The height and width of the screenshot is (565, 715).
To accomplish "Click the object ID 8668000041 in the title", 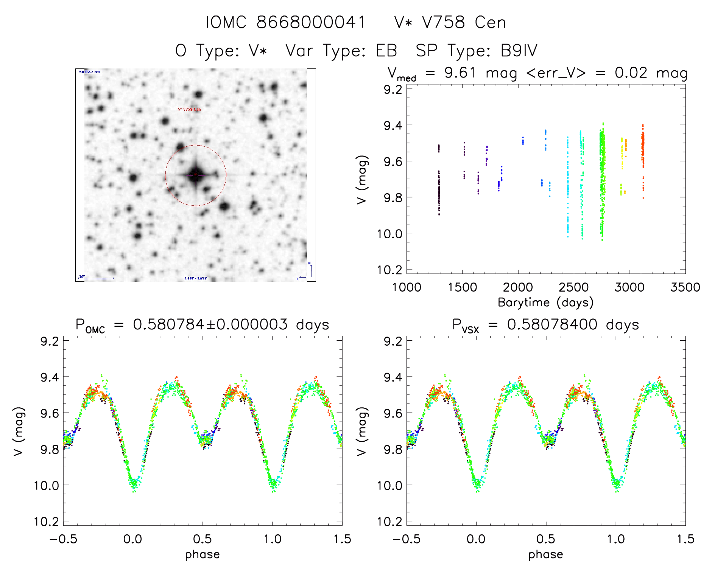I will pyautogui.click(x=311, y=22).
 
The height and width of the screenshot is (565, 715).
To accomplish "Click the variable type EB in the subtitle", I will pyautogui.click(x=386, y=51).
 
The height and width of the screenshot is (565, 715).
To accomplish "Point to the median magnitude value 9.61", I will pyautogui.click(x=460, y=73).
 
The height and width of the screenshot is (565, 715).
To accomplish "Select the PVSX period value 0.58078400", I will pyautogui.click(x=552, y=324).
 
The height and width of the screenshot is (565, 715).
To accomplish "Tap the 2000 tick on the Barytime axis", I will pyautogui.click(x=518, y=287).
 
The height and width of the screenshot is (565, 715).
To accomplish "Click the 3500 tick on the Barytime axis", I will pyautogui.click(x=685, y=287).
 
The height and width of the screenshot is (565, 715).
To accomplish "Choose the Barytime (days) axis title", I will pyautogui.click(x=545, y=303).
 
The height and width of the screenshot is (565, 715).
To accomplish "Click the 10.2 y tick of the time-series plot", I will pyautogui.click(x=389, y=270).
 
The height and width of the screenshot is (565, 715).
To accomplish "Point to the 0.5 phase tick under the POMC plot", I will pyautogui.click(x=203, y=539).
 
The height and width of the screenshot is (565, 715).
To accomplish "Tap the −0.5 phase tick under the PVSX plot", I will pyautogui.click(x=407, y=539).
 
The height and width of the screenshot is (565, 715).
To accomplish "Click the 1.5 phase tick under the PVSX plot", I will pyautogui.click(x=685, y=539).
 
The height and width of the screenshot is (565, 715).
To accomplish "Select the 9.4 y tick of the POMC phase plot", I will pyautogui.click(x=50, y=377).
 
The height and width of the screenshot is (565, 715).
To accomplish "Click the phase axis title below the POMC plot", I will pyautogui.click(x=203, y=554).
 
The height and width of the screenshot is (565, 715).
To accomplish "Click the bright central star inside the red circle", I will pyautogui.click(x=196, y=175).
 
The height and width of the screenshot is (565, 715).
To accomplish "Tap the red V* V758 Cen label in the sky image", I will pyautogui.click(x=189, y=110).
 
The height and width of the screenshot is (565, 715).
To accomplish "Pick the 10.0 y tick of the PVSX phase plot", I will pyautogui.click(x=389, y=485).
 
